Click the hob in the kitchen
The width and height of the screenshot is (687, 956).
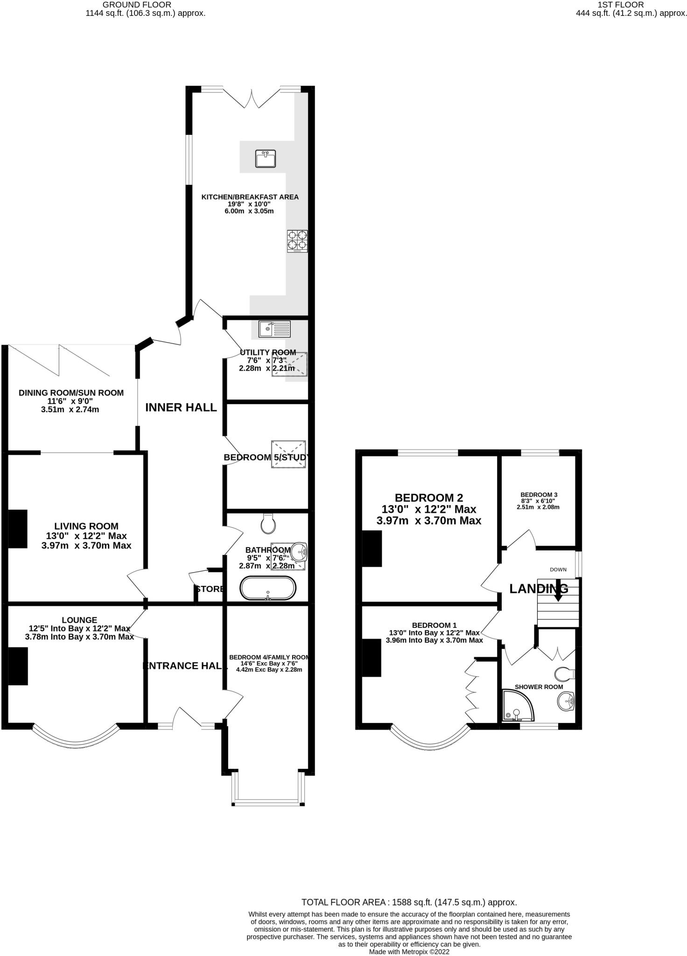coord(297,241)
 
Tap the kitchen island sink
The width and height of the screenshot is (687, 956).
coord(266,158)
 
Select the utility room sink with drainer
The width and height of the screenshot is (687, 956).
coord(274,329)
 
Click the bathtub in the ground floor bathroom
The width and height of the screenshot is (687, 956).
coord(268,589)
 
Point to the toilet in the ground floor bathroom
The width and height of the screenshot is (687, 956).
coord(268,524)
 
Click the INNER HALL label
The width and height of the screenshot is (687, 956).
coord(181,408)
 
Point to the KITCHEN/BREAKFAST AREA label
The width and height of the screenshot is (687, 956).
coord(250,197)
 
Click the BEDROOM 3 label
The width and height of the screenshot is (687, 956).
coord(539,495)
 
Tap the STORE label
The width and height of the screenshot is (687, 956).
coord(210,589)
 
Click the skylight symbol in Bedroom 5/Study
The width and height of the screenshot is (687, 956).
coord(288,454)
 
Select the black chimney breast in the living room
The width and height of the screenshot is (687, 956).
coord(18,528)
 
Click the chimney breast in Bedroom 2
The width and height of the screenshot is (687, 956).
coord(372,548)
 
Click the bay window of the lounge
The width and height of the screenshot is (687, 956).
coord(75,739)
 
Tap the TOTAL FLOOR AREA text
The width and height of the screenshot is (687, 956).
coord(409,902)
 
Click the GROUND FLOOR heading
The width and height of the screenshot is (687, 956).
coord(137,5)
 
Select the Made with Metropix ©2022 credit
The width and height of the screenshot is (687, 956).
coord(409,952)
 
